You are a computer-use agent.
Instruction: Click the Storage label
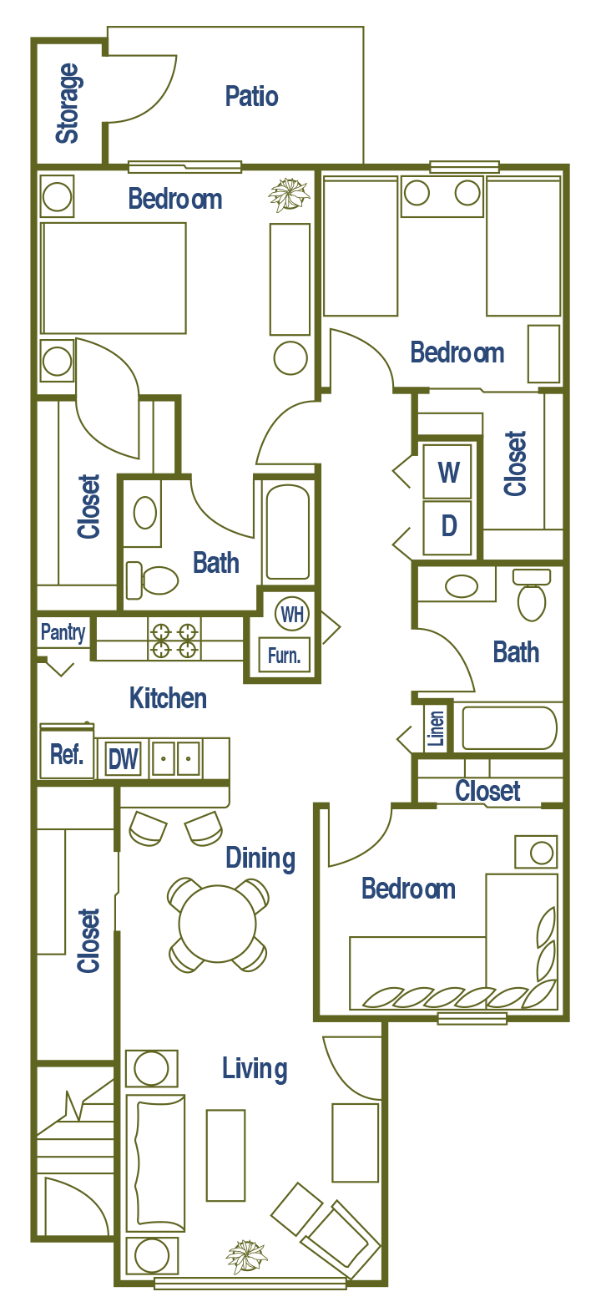click(68, 104)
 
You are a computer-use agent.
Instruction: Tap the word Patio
click(251, 97)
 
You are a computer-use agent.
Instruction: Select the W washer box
click(448, 472)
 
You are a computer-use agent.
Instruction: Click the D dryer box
click(448, 526)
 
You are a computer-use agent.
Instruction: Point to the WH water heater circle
click(291, 615)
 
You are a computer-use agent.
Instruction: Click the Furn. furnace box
click(284, 656)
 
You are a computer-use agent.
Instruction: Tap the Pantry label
click(63, 632)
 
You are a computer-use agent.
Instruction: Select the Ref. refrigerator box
click(67, 755)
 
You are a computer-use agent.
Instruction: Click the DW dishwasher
click(124, 759)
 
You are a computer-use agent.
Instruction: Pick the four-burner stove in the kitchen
click(174, 640)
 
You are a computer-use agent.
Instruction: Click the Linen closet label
click(437, 728)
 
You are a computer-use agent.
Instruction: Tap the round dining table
click(217, 924)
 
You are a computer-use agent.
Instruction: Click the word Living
click(255, 1069)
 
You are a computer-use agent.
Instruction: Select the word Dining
click(260, 859)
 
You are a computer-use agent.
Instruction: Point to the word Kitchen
click(168, 698)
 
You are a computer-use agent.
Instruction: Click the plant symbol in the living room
click(247, 1256)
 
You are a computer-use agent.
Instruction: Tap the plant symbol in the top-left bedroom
click(289, 195)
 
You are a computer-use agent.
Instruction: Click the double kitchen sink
click(175, 758)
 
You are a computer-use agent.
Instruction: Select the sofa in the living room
click(155, 1163)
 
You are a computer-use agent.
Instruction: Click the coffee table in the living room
click(225, 1155)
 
